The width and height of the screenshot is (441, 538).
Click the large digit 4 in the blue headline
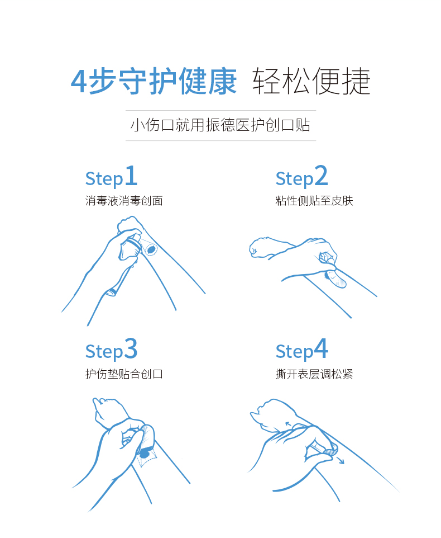click(x=78, y=81)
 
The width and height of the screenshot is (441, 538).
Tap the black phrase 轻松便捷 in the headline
click(x=311, y=81)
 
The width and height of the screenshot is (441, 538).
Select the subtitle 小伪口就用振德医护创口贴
click(x=220, y=125)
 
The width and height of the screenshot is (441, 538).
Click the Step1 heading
click(x=111, y=176)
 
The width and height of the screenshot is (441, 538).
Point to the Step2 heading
click(x=301, y=176)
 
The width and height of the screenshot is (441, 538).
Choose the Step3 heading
click(x=111, y=350)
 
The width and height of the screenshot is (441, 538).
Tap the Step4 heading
click(x=301, y=350)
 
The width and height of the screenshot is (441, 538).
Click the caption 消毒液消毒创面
click(x=124, y=201)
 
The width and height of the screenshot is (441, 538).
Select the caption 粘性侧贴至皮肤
click(x=314, y=201)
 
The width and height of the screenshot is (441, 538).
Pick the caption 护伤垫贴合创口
click(x=124, y=374)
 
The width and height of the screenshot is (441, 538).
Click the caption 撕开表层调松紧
click(x=314, y=374)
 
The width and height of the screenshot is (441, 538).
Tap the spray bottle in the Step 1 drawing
click(x=130, y=247)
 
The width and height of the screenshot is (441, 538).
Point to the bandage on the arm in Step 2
click(x=335, y=279)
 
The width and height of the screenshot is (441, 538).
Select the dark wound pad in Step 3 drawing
click(x=145, y=455)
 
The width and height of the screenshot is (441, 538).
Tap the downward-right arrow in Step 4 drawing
click(x=339, y=460)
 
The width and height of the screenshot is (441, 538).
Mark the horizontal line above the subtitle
click(x=220, y=111)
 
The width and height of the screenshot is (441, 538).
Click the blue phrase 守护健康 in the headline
click(x=178, y=81)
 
